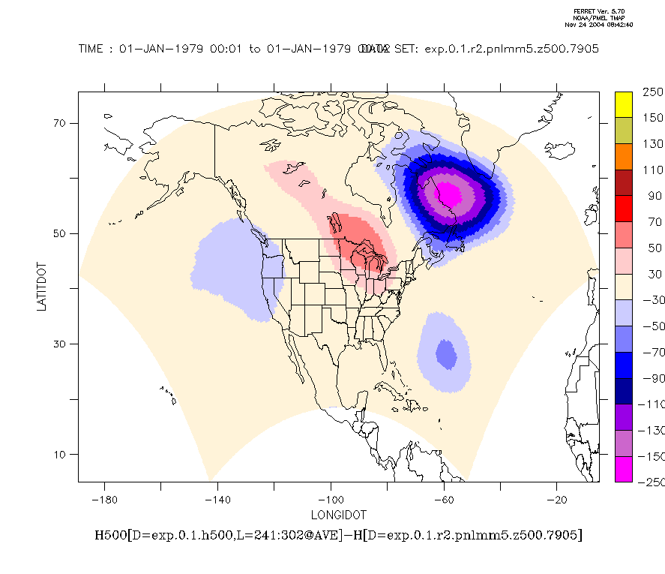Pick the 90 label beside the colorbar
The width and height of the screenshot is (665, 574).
649,196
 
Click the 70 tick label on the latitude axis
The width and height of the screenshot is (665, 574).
60,123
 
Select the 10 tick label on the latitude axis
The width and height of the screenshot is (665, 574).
60,455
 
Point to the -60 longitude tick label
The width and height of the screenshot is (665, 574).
444,500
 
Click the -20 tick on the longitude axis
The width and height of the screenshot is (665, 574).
557,500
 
